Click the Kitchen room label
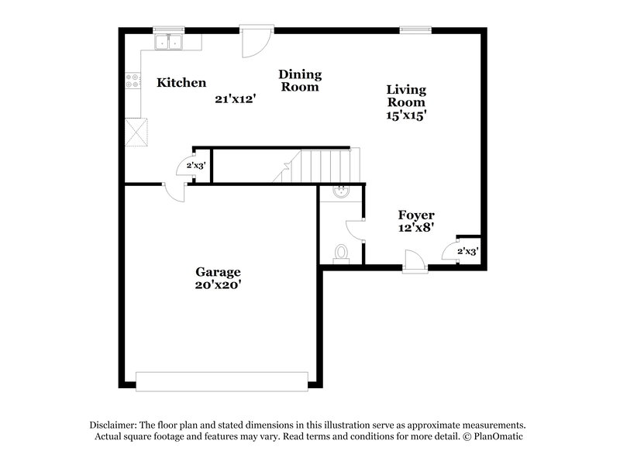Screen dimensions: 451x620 point(181,83)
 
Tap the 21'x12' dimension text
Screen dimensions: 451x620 point(235,98)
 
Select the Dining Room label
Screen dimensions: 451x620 point(300,81)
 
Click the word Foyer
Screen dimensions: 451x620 point(416,215)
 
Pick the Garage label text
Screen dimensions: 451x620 point(218,272)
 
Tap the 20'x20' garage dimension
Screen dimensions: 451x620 point(218,284)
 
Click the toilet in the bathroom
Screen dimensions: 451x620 point(341,253)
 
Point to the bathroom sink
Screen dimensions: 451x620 point(341,192)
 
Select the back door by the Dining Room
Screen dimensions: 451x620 point(253,42)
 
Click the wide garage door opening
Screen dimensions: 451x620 point(222,380)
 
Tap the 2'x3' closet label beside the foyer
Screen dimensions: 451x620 point(467,251)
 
